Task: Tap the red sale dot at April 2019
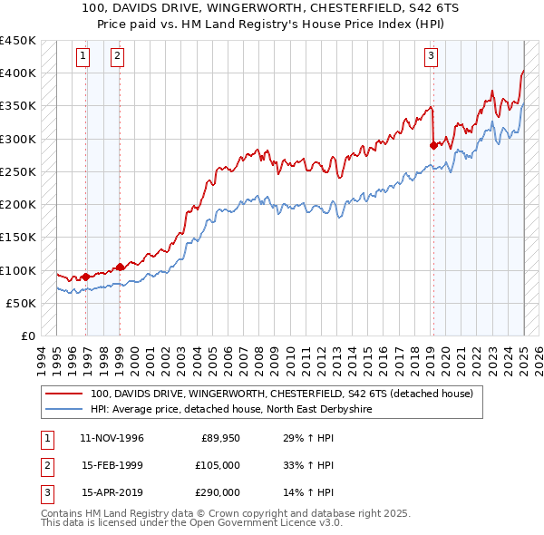[433, 145]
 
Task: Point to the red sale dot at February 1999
[121, 267]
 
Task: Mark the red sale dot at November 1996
[86, 277]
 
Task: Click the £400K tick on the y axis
[17, 73]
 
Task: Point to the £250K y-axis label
[17, 172]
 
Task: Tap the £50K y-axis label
[21, 304]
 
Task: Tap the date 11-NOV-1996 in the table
[112, 439]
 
